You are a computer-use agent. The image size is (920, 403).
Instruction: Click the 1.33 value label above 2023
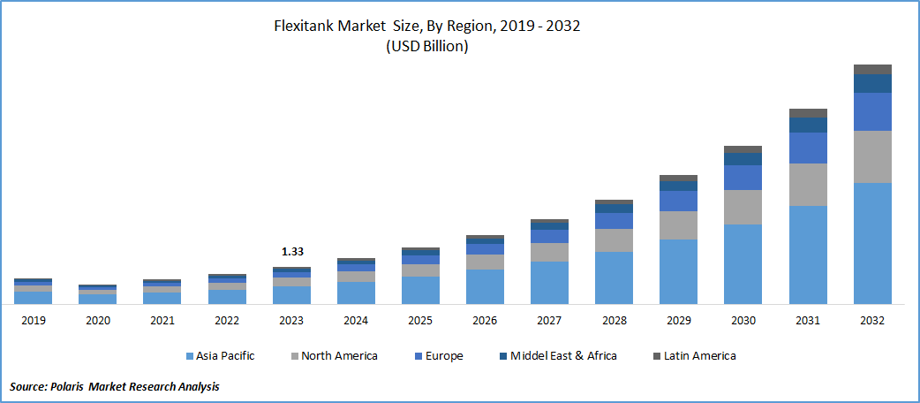[292, 252]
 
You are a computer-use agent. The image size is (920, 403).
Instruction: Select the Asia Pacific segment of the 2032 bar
[872, 243]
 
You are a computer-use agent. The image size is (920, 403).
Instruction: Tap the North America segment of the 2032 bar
[872, 157]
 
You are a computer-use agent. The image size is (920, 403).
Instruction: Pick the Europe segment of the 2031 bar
[808, 148]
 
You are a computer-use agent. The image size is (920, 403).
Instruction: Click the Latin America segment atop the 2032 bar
[872, 69]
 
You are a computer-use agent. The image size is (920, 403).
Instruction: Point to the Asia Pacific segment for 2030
[743, 263]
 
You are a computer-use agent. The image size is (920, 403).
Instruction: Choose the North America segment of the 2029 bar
[678, 225]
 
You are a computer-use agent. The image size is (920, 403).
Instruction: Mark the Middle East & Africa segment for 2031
[808, 125]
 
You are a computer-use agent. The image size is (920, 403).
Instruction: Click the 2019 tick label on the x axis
[33, 320]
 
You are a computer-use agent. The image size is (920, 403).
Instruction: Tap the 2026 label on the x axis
[485, 320]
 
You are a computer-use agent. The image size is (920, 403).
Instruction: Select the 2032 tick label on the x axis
[872, 320]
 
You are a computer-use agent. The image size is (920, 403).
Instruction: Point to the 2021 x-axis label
[162, 320]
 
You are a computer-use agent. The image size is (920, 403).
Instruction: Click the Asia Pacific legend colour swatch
[191, 356]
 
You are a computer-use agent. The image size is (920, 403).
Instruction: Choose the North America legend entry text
[339, 356]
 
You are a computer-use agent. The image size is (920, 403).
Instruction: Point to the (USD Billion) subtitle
[427, 48]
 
